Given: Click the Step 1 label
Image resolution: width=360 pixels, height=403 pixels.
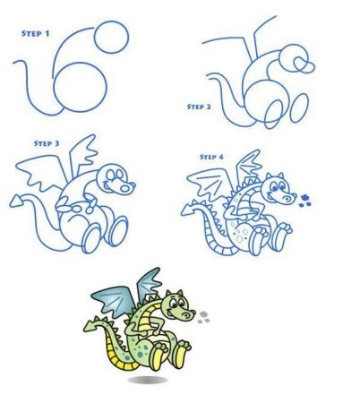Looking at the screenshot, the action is [x=35, y=33].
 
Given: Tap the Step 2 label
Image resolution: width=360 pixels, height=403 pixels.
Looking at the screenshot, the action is [x=199, y=107].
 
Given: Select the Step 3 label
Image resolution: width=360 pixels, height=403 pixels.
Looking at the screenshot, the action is [x=47, y=143].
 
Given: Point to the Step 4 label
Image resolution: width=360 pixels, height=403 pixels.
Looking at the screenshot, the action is [x=211, y=157].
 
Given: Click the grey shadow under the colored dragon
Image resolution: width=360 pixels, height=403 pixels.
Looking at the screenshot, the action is [x=148, y=380].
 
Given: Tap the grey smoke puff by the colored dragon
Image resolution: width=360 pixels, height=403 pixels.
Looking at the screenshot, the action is [x=203, y=318].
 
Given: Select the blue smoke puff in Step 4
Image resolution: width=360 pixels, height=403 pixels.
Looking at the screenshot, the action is [x=304, y=201].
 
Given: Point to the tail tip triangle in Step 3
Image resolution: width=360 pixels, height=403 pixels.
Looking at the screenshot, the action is [x=15, y=201].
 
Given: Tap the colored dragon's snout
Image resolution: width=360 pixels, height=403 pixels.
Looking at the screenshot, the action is [x=187, y=314].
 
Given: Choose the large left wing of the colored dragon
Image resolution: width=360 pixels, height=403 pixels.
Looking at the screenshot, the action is [x=111, y=300].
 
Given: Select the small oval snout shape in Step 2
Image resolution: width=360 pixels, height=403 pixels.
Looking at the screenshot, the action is [x=304, y=65].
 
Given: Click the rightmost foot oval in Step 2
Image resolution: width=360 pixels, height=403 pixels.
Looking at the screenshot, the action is [x=299, y=107].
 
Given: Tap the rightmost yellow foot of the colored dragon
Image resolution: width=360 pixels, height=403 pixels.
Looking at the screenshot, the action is [x=181, y=354].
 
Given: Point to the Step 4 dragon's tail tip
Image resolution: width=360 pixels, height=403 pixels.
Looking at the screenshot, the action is [x=187, y=210].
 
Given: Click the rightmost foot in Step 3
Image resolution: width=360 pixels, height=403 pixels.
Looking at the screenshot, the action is [x=119, y=231].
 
